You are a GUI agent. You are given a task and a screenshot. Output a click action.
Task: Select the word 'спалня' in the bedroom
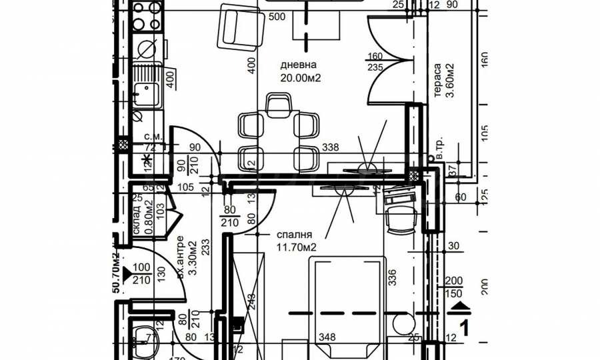click(293, 235)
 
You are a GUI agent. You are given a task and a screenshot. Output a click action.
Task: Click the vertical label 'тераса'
click(437, 80)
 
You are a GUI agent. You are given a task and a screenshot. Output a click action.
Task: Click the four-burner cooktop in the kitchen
click(147, 17)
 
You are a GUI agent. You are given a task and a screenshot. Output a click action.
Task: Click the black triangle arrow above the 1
click(460, 306)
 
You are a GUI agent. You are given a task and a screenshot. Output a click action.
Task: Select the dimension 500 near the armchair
click(277, 17)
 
